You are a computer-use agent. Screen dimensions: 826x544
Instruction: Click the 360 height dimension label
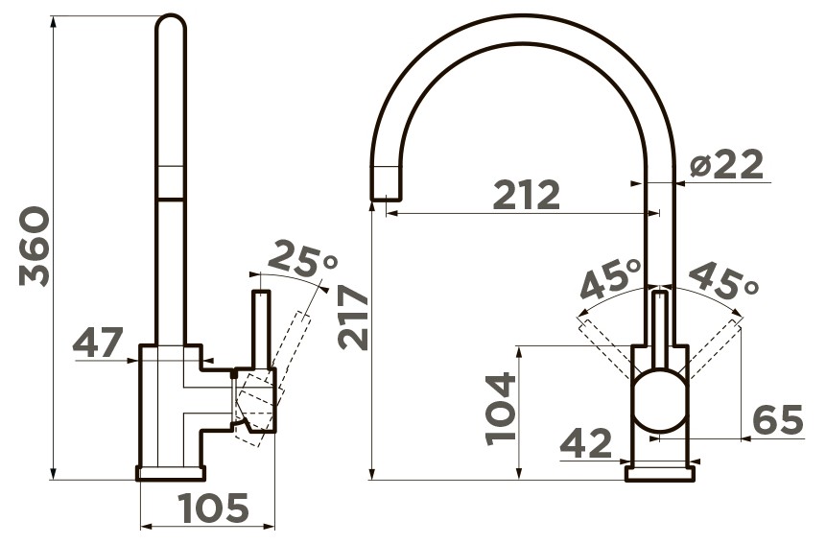35,247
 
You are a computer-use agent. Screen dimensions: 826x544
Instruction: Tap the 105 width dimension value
213,509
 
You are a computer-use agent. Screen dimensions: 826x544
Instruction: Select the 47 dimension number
98,342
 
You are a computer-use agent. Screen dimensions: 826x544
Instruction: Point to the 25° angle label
303,259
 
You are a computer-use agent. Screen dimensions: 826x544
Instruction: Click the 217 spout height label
352,318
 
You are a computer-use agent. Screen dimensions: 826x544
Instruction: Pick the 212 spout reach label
527,195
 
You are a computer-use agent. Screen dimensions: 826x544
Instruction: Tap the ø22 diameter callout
726,164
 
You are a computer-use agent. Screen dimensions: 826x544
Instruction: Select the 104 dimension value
500,409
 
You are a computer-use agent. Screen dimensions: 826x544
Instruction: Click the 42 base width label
586,443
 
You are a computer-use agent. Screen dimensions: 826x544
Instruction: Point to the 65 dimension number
777,419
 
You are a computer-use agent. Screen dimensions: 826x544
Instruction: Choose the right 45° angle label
722,281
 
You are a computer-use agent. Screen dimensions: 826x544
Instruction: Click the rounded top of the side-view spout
171,22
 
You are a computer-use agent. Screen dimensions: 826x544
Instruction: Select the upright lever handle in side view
262,329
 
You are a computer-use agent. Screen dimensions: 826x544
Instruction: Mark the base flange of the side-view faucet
171,473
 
